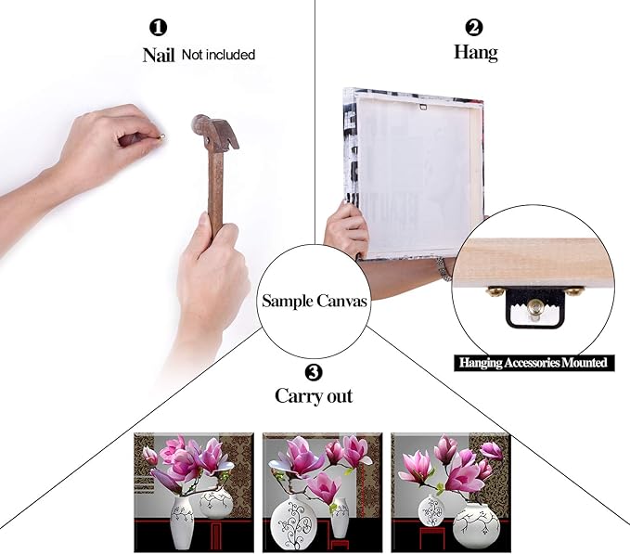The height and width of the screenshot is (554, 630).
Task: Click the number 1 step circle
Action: (x=159, y=28)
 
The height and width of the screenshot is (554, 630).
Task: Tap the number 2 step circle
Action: (x=474, y=27)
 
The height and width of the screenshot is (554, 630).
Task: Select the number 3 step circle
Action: (x=314, y=372)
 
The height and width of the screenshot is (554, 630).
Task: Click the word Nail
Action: (x=159, y=55)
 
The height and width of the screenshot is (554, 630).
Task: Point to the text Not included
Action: (x=218, y=55)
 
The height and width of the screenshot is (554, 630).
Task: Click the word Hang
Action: (x=476, y=53)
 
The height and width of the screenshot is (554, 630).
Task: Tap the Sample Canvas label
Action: (x=315, y=301)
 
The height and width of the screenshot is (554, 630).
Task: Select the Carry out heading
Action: (x=314, y=396)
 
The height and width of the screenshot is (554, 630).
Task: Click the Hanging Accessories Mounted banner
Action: (x=534, y=363)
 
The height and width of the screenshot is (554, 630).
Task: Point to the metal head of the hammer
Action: (x=215, y=132)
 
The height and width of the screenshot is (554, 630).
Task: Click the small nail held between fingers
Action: (x=162, y=137)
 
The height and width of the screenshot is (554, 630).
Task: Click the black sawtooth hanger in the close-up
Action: (x=534, y=307)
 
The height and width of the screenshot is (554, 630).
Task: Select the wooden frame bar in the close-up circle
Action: (x=534, y=263)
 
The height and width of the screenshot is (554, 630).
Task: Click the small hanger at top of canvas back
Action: (x=423, y=107)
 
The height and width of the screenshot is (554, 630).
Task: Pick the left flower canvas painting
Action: (x=194, y=492)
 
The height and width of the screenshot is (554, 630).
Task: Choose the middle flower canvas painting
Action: (x=322, y=492)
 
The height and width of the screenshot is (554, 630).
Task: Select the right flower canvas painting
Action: (x=451, y=492)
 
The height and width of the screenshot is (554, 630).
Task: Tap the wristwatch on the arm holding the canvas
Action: (x=444, y=269)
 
